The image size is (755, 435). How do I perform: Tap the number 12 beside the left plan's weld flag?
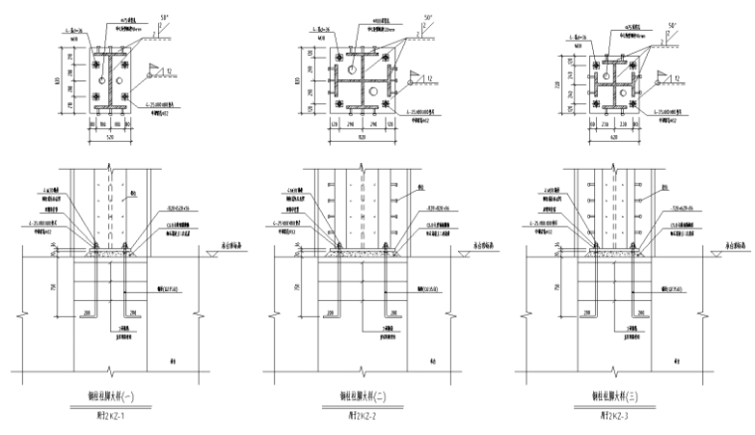click(x=174, y=69)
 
